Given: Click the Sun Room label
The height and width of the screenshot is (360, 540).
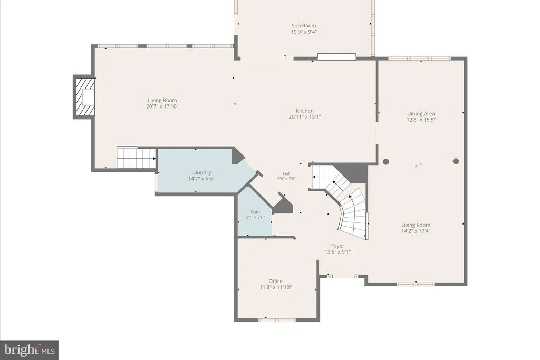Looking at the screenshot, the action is (304, 25).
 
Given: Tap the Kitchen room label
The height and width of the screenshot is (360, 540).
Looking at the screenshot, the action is (305, 111).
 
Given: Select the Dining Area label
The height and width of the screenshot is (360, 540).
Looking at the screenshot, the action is (421, 113).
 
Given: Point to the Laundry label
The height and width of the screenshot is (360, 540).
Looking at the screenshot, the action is (201, 172).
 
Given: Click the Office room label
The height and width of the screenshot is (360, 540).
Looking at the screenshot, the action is (275, 281).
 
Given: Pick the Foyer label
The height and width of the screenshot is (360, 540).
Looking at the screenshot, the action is (337, 246).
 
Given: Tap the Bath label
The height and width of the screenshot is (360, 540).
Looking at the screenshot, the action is (255, 212).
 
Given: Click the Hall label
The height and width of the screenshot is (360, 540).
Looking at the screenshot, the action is (286, 174).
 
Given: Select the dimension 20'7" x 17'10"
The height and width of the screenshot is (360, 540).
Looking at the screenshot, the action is (162, 106).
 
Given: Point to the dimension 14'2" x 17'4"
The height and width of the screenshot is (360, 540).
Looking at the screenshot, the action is (416, 231).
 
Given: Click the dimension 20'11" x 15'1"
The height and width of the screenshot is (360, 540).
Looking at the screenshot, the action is (305, 116).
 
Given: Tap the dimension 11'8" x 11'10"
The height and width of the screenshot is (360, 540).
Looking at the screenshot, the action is (275, 287).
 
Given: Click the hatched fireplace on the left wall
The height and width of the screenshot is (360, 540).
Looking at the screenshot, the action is (84, 97).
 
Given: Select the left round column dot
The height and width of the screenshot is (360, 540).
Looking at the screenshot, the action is (386, 161).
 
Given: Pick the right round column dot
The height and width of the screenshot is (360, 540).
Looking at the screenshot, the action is (456, 161).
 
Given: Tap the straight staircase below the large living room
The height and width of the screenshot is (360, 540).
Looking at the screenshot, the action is (136, 158).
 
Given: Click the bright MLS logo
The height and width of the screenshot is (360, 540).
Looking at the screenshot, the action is (30, 351).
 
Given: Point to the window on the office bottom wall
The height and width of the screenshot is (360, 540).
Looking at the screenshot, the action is (277, 320).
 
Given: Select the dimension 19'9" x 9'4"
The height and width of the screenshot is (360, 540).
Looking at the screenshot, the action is (304, 32).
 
